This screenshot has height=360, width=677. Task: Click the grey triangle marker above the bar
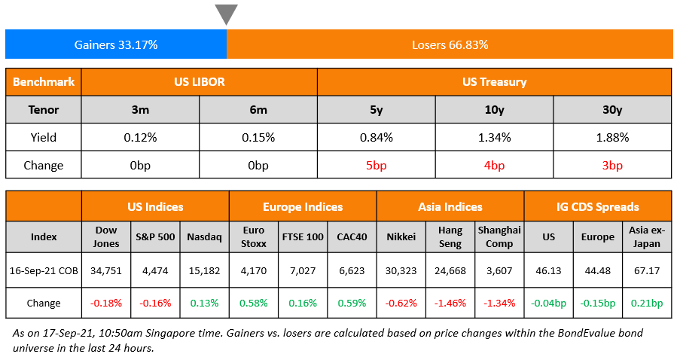[226, 14]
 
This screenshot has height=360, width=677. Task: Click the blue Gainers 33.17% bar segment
[116, 44]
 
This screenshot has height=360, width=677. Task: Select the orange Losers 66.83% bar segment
[450, 44]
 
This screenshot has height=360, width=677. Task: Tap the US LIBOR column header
[199, 82]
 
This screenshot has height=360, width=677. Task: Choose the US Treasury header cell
[494, 82]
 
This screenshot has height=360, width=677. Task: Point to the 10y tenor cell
[494, 110]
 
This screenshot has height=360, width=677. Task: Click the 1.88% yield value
[611, 138]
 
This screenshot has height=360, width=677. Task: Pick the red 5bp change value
[376, 165]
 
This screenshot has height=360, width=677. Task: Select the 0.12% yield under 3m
[140, 138]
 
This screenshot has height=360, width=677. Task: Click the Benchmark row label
[43, 82]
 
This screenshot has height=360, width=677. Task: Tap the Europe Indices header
[302, 206]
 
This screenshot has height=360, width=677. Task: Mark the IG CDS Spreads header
[597, 206]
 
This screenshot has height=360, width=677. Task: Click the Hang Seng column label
[450, 236]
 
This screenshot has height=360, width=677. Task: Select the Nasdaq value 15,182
[204, 270]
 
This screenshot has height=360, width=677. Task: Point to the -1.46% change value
[450, 303]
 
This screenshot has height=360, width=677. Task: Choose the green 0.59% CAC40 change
[352, 303]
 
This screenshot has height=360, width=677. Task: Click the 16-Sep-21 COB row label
[43, 270]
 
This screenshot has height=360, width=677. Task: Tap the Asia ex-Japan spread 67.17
[646, 270]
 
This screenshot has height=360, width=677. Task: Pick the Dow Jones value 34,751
[106, 270]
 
